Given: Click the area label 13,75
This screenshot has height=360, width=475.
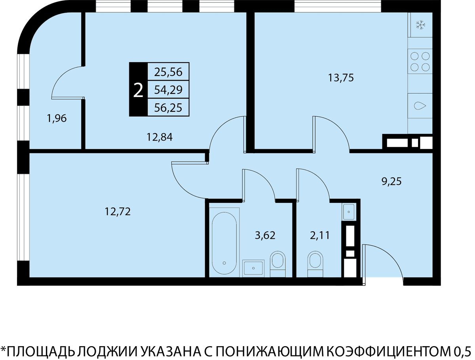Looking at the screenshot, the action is coord(341,78).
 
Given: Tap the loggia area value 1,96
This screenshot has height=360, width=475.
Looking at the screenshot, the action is coord(57,118).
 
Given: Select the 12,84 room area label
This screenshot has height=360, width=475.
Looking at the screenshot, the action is coord(160,137).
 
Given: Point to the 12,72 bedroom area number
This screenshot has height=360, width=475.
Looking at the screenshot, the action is coord(118,211).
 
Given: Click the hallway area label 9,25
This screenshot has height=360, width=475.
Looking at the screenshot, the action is coord(391,181).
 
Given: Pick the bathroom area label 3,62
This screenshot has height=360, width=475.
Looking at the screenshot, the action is coord(265,235).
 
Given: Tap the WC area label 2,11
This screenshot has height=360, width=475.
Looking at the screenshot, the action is coord(320,235).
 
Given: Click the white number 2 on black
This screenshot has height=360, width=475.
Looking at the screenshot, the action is coord(138,91).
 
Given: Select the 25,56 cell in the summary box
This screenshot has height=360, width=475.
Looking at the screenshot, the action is coord(168,72).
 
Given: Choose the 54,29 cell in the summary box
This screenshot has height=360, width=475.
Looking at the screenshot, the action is coord(168,90).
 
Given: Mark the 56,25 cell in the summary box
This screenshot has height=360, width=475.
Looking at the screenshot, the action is coord(168,108).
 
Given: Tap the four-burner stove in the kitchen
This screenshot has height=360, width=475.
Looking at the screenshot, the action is coord(420,62).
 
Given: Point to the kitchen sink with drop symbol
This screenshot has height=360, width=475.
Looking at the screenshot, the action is coord(420,106).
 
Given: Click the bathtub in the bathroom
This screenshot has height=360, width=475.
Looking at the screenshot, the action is coord(224,242).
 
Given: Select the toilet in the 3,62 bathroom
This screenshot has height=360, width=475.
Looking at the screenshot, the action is coord(277,264).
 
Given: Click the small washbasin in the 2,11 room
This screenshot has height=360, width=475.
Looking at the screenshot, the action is coord(349,212).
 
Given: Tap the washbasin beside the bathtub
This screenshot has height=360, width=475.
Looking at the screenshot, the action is coord(253,268).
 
